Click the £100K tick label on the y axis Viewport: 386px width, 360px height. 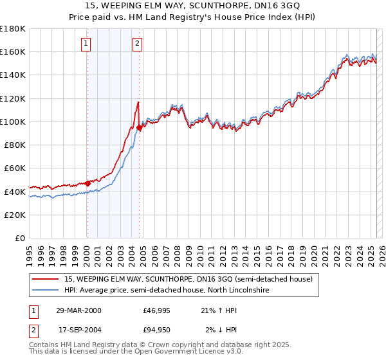(x=13, y=122)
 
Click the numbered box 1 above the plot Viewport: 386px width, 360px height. (x=86, y=44)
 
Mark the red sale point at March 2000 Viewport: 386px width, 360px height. (x=88, y=183)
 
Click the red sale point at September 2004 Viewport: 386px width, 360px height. (x=139, y=127)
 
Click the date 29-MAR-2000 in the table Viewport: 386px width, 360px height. (x=78, y=310)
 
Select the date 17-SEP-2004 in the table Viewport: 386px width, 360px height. (x=78, y=330)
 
